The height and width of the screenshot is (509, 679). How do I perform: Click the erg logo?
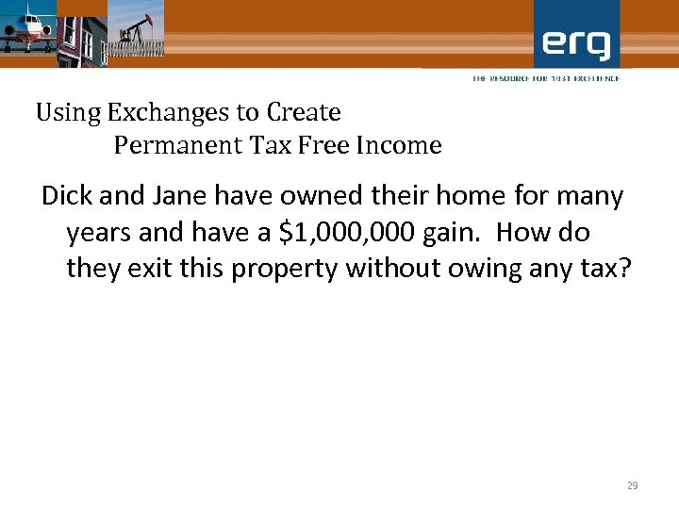tap(576, 42)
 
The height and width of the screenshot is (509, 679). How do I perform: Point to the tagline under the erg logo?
tap(546, 78)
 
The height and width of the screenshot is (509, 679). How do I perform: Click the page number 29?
tap(632, 485)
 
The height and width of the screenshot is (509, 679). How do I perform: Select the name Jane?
tap(186, 197)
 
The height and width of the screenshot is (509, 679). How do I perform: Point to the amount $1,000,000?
tap(344, 233)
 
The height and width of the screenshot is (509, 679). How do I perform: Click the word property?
tap(285, 269)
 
